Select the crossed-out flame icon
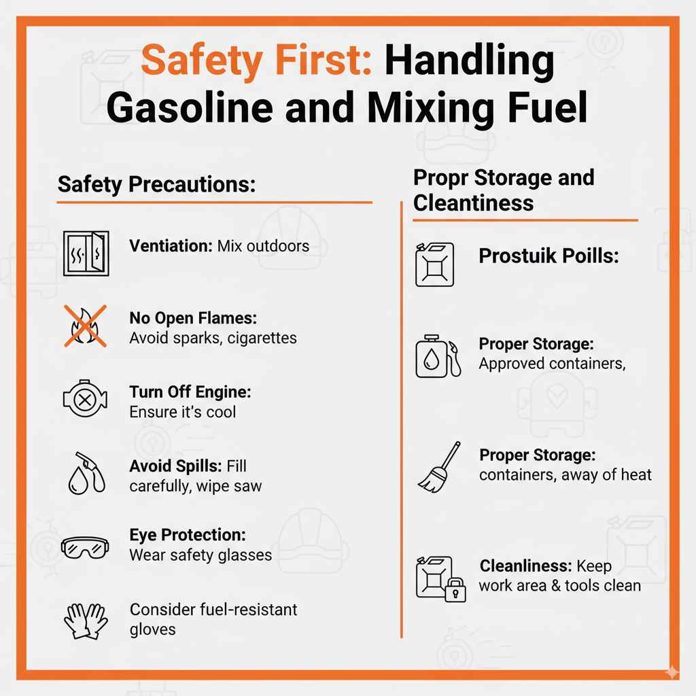pos(85,326)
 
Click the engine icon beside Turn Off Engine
pos(84,401)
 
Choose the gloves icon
pos(86,620)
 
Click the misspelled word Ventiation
pos(170,245)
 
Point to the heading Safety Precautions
pos(156,184)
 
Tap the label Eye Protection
pos(187,535)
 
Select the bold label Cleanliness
pos(525,565)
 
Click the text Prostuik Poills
pos(549,256)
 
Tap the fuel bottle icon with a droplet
pos(438,356)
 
